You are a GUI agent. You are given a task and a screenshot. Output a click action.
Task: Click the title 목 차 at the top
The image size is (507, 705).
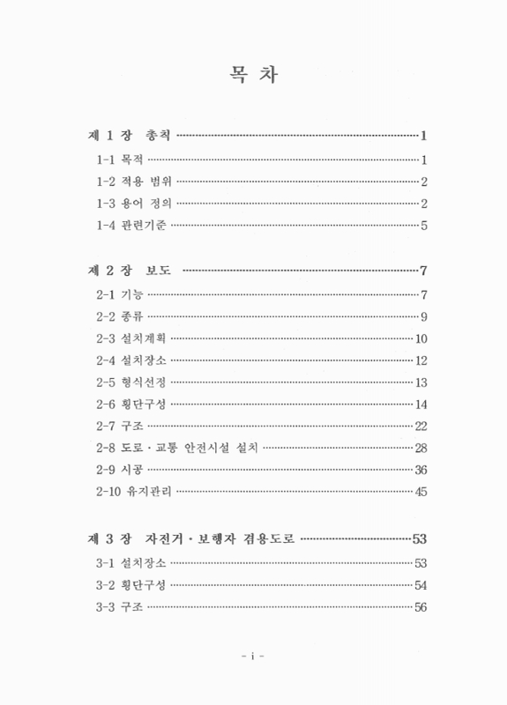coord(252,76)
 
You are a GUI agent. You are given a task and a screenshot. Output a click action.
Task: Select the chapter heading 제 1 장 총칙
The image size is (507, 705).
coord(130,136)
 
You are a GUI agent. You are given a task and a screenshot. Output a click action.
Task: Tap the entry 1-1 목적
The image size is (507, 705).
coord(120,160)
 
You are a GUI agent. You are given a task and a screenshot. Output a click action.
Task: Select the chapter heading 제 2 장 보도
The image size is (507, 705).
coord(130,270)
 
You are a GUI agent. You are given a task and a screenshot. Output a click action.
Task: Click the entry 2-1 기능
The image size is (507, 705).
coord(120,293)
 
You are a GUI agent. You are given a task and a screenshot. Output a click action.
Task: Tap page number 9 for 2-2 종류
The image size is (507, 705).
coord(424,315)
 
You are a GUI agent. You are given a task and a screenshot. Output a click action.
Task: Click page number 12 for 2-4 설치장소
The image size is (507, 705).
coord(421,360)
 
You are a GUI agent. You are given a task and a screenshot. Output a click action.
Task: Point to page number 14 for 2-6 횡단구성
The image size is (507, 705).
coord(421,404)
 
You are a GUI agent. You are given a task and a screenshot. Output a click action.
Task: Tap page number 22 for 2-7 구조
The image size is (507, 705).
coord(421,427)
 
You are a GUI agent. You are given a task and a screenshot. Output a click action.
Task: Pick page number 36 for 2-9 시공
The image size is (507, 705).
coord(421,471)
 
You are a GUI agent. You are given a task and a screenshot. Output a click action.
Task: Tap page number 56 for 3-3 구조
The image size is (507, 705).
coord(421,606)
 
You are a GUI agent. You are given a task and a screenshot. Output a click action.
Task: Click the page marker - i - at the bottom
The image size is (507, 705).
coord(253,657)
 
